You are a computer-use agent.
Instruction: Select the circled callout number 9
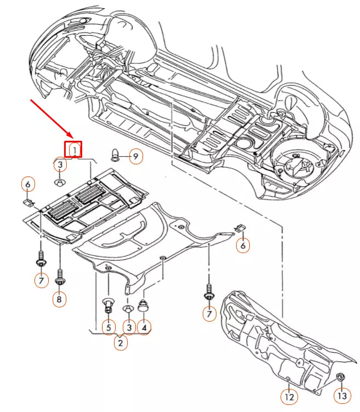click(135, 157)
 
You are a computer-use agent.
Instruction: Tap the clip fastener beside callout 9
click(116, 153)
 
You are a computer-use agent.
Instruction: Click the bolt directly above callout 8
click(60, 277)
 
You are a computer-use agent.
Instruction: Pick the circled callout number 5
click(108, 328)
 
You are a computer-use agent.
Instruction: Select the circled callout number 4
click(144, 328)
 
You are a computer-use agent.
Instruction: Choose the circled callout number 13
click(341, 394)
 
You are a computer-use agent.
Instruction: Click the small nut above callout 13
click(340, 377)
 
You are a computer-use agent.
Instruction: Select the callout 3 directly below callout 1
click(60, 164)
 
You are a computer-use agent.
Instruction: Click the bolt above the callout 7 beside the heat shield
click(208, 291)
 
